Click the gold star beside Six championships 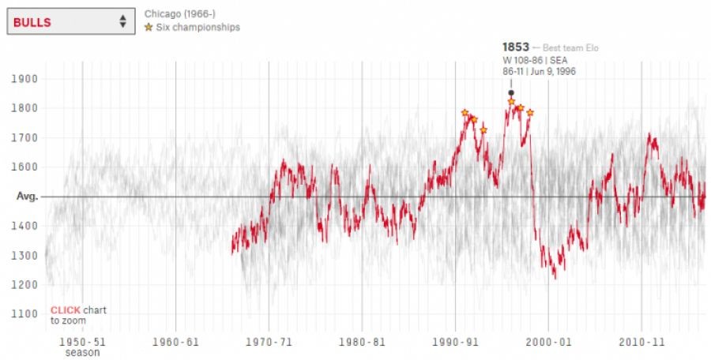pos(148,28)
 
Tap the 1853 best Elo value pos(516,47)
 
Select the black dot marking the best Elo pos(511,92)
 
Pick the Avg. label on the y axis pos(28,197)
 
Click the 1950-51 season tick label pos(82,343)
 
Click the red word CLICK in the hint pos(65,310)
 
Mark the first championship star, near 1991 pos(465,113)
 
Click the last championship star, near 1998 pos(530,113)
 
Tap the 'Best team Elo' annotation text pos(571,48)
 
